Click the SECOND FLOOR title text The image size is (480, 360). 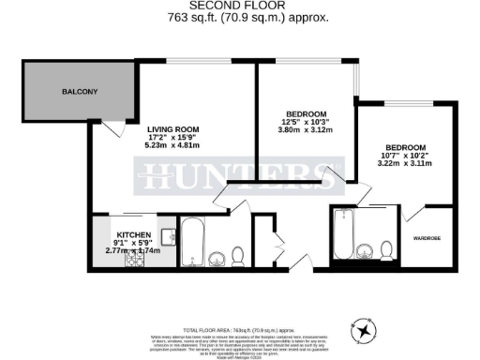click(239, 6)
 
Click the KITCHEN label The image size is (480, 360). click(135, 234)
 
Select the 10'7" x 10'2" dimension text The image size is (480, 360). click(407, 157)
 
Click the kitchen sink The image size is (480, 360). click(168, 235)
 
